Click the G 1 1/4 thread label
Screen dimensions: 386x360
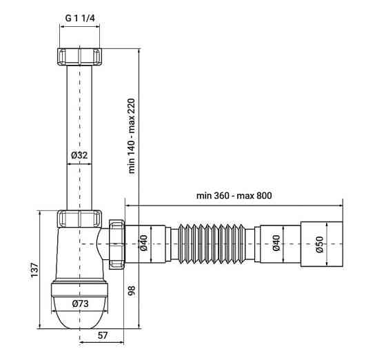[x=80, y=18]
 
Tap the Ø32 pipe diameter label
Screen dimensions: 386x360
[x=79, y=155]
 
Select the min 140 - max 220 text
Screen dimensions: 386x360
[x=132, y=136]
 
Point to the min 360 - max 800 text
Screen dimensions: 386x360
[x=234, y=195]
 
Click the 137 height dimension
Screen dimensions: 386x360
[x=34, y=270]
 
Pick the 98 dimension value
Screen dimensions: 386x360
[x=132, y=290]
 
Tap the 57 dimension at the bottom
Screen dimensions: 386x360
[x=103, y=335]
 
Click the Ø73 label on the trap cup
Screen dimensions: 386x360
[x=80, y=303]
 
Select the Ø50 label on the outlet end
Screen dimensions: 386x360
[x=319, y=244]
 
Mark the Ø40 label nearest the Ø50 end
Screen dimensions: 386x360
[x=276, y=243]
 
